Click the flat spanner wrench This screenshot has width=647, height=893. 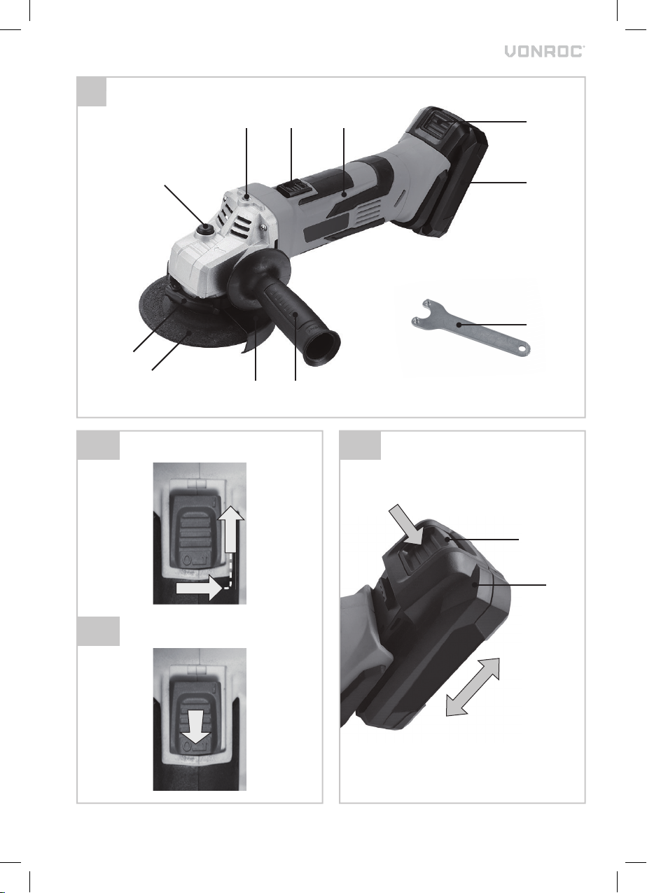[x=471, y=325]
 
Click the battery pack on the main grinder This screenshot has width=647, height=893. [x=451, y=176]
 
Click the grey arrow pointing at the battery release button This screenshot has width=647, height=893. [x=405, y=524]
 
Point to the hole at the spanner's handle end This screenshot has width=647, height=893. [x=522, y=349]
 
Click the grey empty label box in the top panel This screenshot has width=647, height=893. [x=92, y=92]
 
